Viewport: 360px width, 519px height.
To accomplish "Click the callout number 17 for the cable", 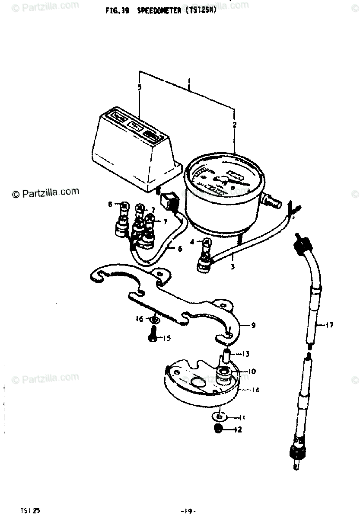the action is coord(330,325).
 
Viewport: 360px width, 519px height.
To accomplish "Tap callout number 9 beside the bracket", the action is coord(253,325).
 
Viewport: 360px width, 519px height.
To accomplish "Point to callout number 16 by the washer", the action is coord(139,319).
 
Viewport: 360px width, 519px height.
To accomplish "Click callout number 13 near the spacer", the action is coord(245,354).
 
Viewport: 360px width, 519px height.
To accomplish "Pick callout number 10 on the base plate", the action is coord(252,372).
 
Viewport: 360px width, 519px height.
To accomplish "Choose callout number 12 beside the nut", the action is coord(238,430).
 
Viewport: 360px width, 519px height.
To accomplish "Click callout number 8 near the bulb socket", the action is coord(110,204).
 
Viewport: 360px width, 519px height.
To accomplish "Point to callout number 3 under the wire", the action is coord(233,267).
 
